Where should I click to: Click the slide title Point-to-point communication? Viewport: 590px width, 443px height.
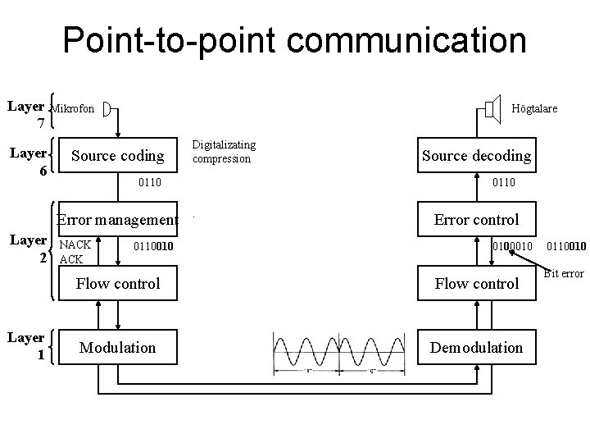[295, 40]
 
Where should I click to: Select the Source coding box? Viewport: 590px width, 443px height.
[118, 155]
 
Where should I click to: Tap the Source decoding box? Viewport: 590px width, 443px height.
[476, 155]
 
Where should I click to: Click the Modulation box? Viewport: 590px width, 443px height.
[118, 347]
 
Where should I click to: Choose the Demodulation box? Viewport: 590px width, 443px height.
[476, 347]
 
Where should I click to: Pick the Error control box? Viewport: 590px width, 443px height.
[476, 219]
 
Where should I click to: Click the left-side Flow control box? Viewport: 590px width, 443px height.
[118, 284]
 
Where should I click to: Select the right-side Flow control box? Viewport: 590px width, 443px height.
[476, 284]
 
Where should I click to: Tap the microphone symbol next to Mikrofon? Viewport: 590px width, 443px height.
[111, 108]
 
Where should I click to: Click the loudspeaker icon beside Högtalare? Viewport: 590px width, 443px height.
[492, 107]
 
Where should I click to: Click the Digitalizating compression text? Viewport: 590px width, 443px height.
[223, 152]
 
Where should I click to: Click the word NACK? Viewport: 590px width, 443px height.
[76, 244]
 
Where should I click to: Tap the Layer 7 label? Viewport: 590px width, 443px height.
[26, 115]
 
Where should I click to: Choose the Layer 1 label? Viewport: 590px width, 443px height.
[26, 346]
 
